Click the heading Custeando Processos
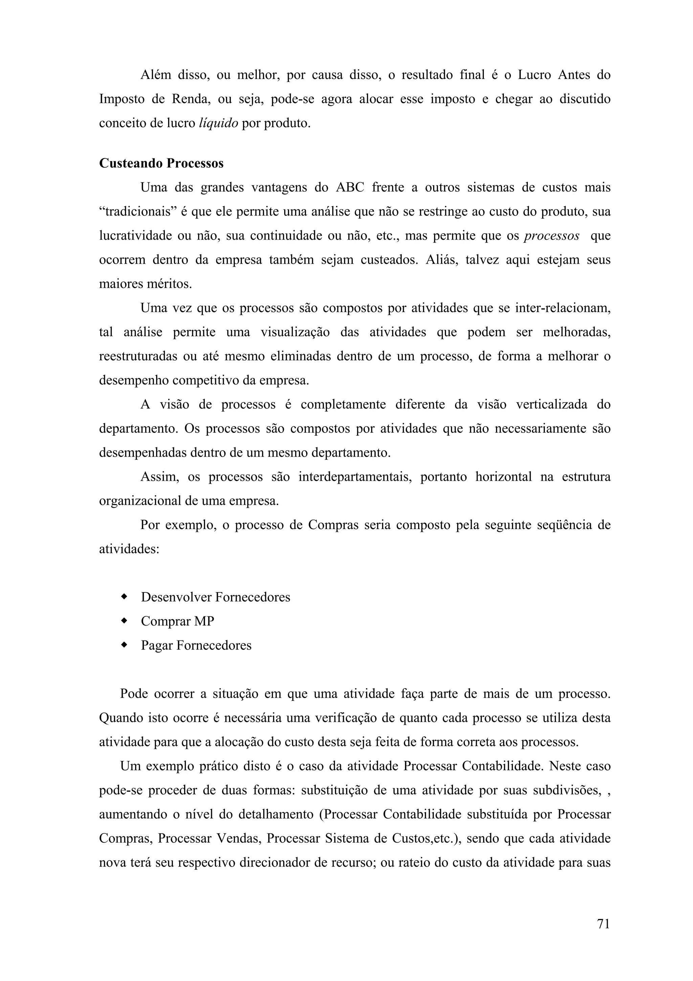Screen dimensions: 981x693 pyautogui.click(x=161, y=163)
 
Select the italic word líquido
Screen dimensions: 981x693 pyautogui.click(x=219, y=124)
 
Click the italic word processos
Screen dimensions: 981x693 pyautogui.click(x=552, y=236)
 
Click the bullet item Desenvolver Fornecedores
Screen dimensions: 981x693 pyautogui.click(x=215, y=597)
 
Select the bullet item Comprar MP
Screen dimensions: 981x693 pyautogui.click(x=177, y=621)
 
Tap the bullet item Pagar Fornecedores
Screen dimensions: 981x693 pyautogui.click(x=196, y=645)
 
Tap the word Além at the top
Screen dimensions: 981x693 pyautogui.click(x=155, y=75)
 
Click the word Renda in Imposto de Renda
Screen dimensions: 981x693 pyautogui.click(x=189, y=100)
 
